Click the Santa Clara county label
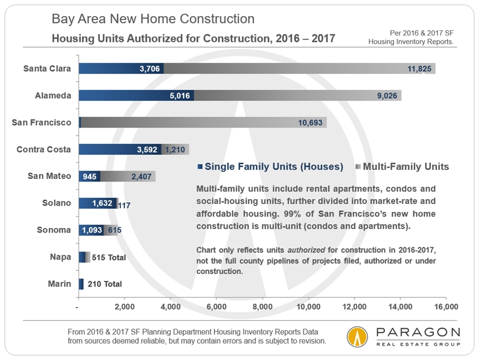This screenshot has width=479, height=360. pyautogui.click(x=47, y=69)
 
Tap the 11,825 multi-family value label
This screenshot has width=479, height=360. pyautogui.click(x=419, y=69)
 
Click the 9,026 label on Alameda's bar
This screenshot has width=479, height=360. pyautogui.click(x=388, y=96)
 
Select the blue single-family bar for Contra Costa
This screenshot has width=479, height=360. pyautogui.click(x=119, y=149)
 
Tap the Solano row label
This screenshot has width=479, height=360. pyautogui.click(x=57, y=203)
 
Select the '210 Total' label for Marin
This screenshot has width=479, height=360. pyautogui.click(x=104, y=284)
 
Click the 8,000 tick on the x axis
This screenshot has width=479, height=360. pyautogui.click(x=262, y=307)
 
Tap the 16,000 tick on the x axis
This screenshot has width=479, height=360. pyautogui.click(x=445, y=307)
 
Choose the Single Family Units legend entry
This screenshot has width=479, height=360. pyautogui.click(x=270, y=167)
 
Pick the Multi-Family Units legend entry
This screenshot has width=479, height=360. pyautogui.click(x=403, y=167)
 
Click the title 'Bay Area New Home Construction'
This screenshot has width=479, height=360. pyautogui.click(x=153, y=19)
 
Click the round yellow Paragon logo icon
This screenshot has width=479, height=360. pyautogui.click(x=357, y=336)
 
